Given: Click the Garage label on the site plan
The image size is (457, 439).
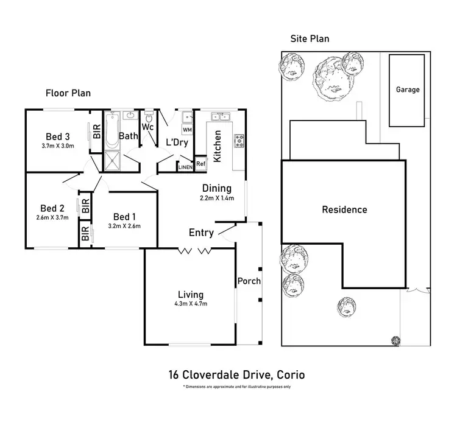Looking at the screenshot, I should click(x=408, y=90).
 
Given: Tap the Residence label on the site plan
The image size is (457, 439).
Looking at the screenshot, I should click(x=344, y=210).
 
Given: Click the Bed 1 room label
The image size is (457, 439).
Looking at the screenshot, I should click(x=126, y=217).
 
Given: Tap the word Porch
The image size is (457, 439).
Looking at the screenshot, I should click(x=249, y=281).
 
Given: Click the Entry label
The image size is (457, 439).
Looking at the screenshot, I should click(x=201, y=233).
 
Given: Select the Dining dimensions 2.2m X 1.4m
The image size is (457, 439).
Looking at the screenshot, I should click(x=217, y=198).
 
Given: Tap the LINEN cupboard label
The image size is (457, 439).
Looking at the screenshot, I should click(x=185, y=166).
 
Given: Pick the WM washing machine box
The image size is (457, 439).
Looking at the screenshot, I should click(x=187, y=130).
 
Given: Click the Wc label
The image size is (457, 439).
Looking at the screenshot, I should click(x=147, y=127).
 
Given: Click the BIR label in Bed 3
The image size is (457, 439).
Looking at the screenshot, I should click(x=96, y=132).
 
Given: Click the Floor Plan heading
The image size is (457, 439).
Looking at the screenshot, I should click(x=68, y=93).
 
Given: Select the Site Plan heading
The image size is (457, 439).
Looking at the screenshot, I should click(x=310, y=39).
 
